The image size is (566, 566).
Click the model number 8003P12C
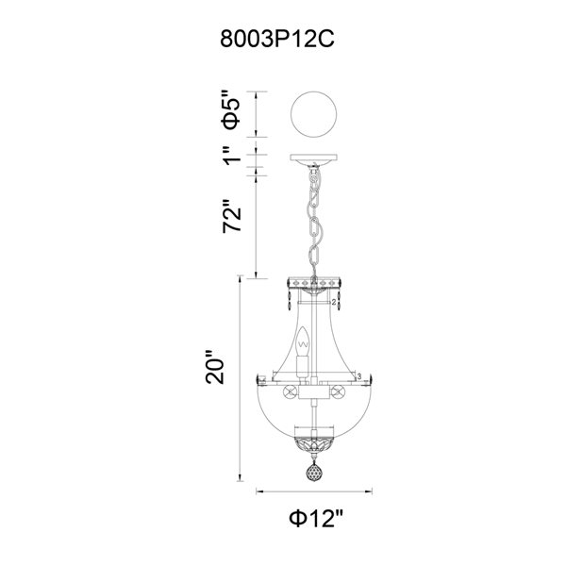277,39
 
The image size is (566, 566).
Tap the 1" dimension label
231,156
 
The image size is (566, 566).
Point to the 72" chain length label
231,216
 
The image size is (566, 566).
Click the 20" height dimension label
215,368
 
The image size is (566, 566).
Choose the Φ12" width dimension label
315,519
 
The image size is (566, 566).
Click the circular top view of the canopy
314,114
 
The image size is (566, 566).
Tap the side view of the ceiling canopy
314,160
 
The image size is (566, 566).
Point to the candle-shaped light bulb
303,341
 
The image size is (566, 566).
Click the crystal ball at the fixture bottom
314,473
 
